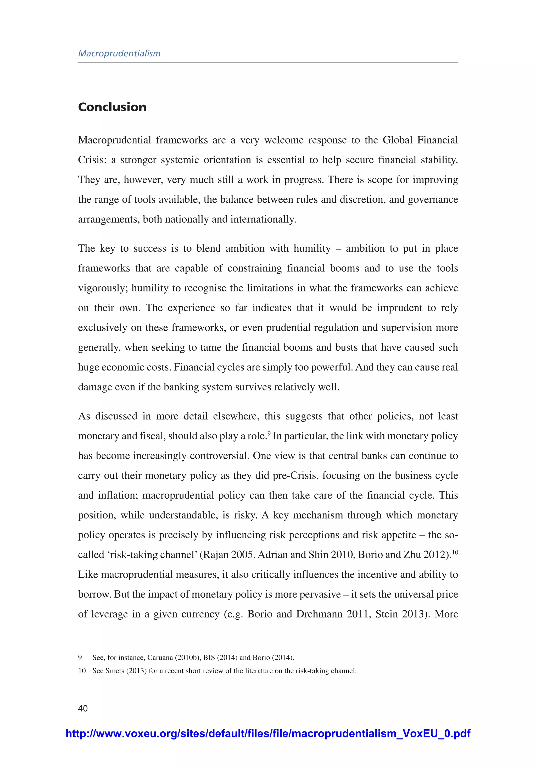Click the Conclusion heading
click(x=112, y=107)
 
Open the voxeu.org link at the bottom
click(x=268, y=733)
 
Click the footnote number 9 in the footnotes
click(x=80, y=658)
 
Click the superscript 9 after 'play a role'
click(x=269, y=433)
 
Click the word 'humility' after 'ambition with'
click(x=312, y=249)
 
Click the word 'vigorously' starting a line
click(x=103, y=288)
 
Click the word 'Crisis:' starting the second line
click(x=92, y=160)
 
